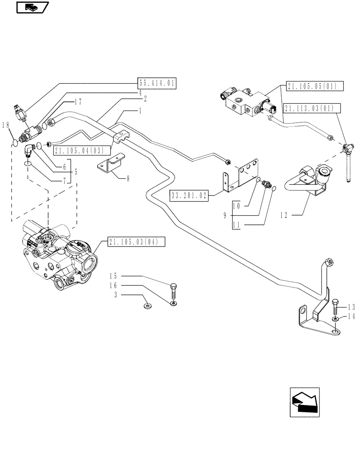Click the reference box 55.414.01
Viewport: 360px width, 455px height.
click(156, 83)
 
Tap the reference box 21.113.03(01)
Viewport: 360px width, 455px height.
click(309, 108)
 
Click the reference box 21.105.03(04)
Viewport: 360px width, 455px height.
click(132, 242)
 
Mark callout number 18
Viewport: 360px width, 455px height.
click(5, 126)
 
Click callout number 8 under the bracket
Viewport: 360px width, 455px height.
click(128, 179)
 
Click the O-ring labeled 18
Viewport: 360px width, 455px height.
click(15, 142)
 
